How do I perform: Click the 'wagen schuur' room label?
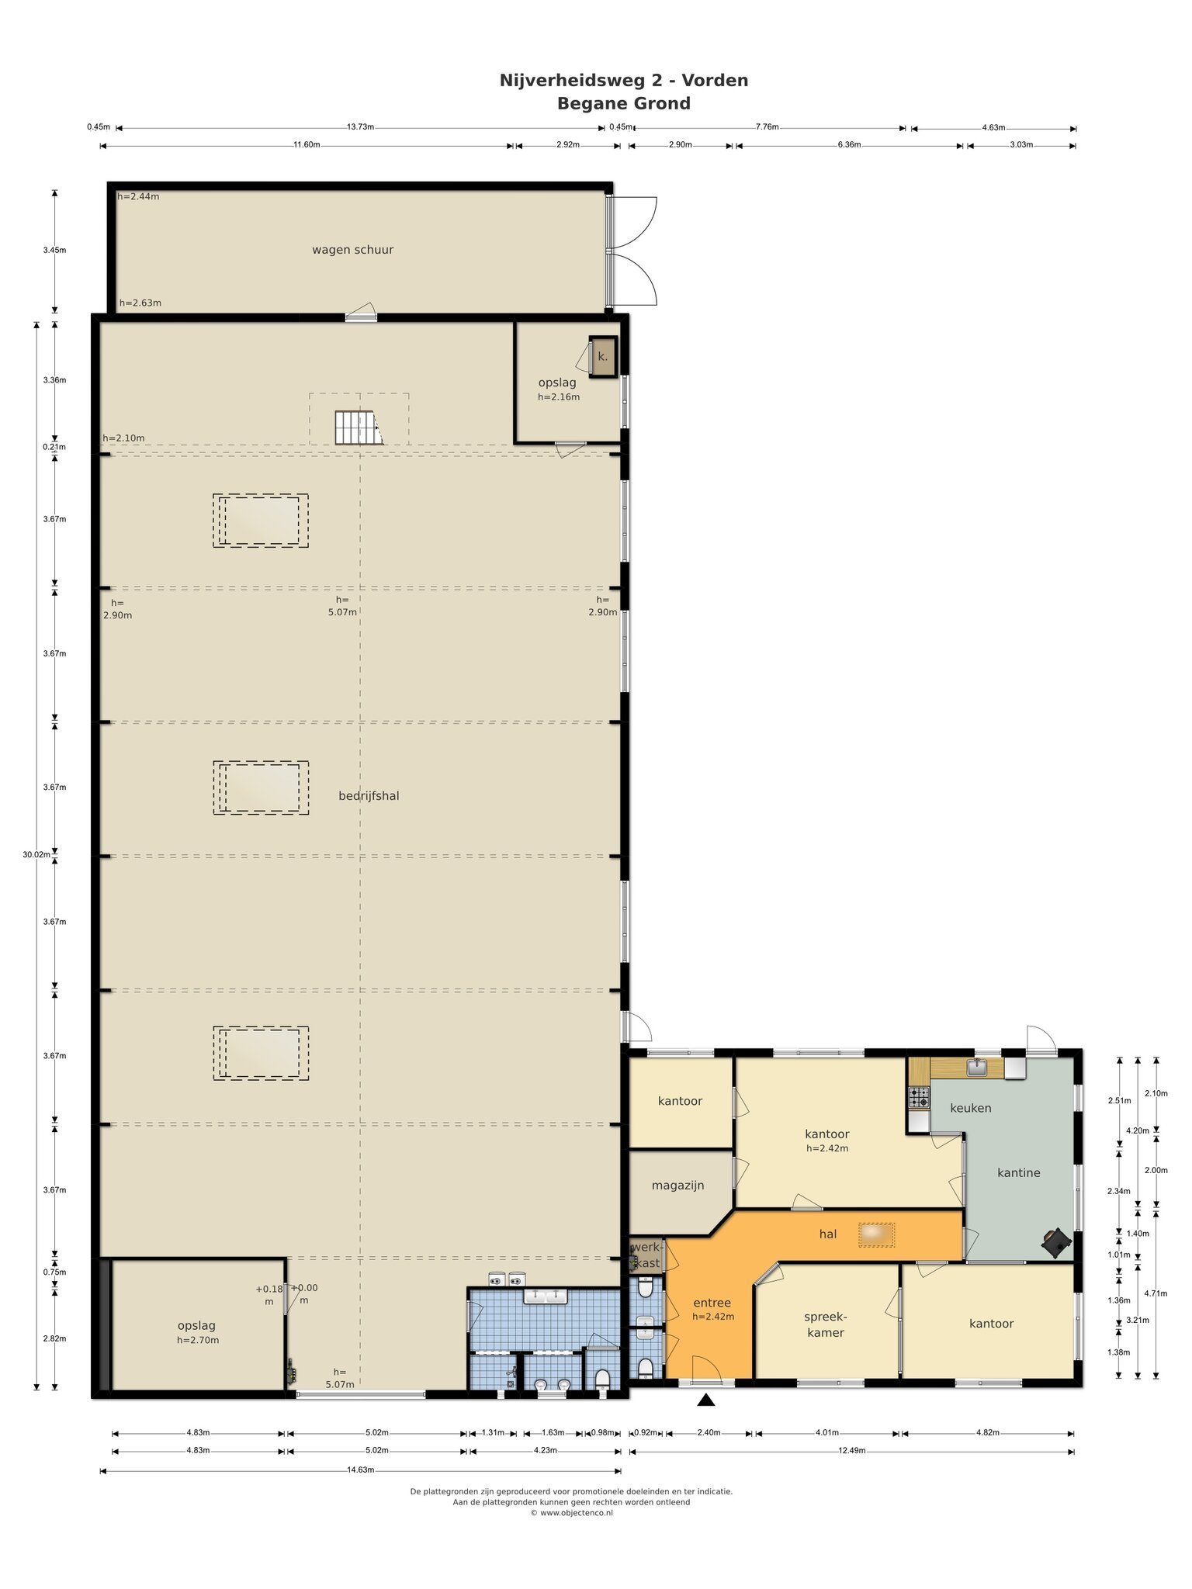coord(352,250)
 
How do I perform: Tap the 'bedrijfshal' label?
coord(369,796)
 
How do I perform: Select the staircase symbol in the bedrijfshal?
coord(359,428)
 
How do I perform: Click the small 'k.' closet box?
coord(603,357)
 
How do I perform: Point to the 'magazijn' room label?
coord(677,1186)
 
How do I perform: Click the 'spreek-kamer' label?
coord(825,1324)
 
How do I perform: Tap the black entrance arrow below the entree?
coord(705,1400)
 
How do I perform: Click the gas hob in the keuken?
coord(919,1097)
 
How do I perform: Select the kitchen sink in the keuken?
coord(976,1068)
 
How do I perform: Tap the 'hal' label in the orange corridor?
coord(827,1234)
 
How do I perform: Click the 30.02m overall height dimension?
coord(36,854)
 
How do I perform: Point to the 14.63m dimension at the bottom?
coord(360,1470)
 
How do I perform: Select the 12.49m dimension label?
coord(851,1451)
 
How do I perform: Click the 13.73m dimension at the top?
coord(360,127)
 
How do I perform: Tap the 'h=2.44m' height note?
coord(138,196)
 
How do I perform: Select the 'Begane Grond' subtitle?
coord(624,103)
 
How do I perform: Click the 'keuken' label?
coord(971,1108)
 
